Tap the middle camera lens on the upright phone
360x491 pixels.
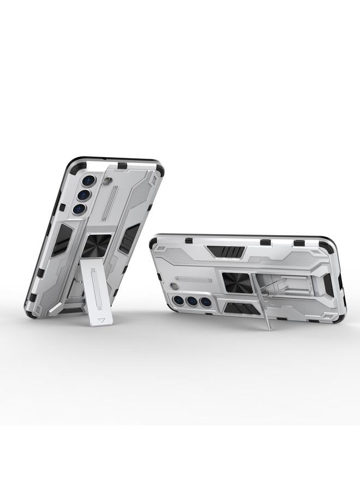[x=83, y=195]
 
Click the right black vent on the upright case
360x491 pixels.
[x=129, y=238]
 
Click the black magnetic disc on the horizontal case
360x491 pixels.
[x=237, y=283]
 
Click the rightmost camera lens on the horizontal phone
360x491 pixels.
[x=205, y=301]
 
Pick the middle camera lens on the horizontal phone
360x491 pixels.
[x=193, y=301]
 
